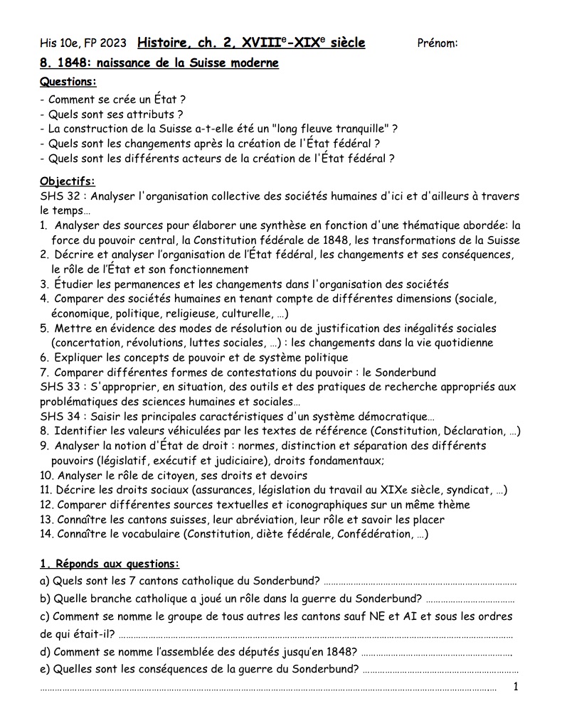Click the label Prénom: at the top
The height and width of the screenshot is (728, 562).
pyautogui.click(x=437, y=43)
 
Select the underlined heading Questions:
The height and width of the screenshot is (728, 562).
pyautogui.click(x=68, y=82)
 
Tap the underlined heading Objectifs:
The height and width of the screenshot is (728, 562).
pyautogui.click(x=68, y=181)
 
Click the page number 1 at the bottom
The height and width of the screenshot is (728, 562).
pyautogui.click(x=516, y=686)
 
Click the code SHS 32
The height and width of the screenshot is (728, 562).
pyautogui.click(x=60, y=196)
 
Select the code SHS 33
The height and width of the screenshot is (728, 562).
pyautogui.click(x=60, y=387)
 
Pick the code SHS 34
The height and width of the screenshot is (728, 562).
pyautogui.click(x=60, y=416)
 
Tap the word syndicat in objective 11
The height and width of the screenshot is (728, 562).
pyautogui.click(x=472, y=490)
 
